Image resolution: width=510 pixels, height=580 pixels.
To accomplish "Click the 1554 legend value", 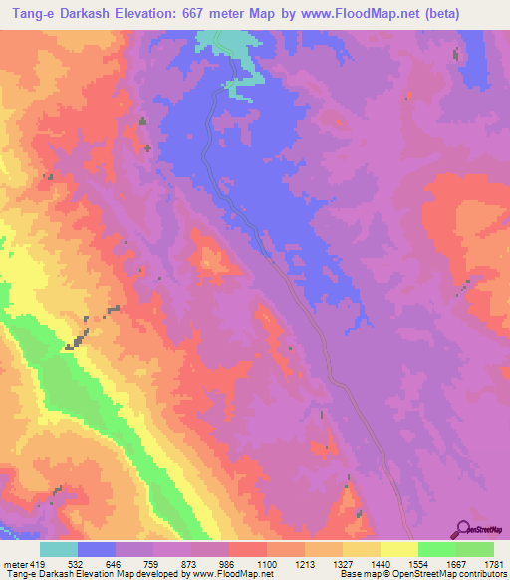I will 418,563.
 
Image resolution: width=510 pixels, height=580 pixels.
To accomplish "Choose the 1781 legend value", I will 493,563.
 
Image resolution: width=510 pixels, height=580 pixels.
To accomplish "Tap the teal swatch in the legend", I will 59,549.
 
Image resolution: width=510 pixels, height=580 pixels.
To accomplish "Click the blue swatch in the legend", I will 97,549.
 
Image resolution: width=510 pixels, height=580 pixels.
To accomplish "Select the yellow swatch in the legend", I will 399,549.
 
